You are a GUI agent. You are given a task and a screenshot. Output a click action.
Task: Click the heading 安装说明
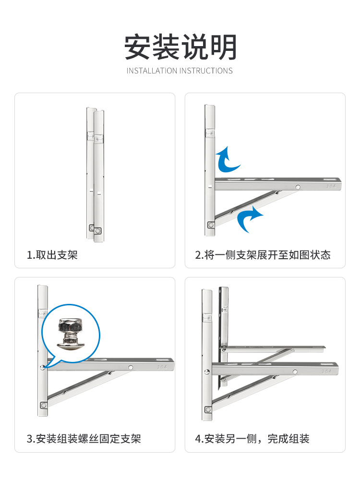click(x=180, y=47)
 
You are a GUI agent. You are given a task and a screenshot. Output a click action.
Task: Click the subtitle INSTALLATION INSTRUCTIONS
click(x=180, y=71)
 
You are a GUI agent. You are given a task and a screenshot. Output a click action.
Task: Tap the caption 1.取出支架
click(x=52, y=255)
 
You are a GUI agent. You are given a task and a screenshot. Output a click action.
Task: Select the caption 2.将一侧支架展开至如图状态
click(x=263, y=255)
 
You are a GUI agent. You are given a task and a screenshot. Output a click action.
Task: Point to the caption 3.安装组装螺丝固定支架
click(x=84, y=439)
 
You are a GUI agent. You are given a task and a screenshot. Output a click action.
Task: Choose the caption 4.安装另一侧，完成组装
click(x=252, y=439)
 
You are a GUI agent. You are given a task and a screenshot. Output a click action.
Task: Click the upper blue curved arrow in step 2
click(x=227, y=159)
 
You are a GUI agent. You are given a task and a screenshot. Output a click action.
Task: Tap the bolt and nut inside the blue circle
click(x=71, y=334)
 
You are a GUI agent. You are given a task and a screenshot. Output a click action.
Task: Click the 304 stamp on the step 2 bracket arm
click(x=331, y=186)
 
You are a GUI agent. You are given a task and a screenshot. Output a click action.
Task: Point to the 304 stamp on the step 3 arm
click(x=162, y=367)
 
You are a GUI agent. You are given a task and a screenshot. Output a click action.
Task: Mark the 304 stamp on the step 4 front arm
click(x=326, y=372)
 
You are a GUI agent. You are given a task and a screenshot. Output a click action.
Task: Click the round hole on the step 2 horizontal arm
click(x=298, y=187)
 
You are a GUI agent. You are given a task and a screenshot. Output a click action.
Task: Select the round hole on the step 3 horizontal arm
click(x=131, y=367)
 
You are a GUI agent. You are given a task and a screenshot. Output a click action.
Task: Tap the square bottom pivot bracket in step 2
click(x=211, y=225)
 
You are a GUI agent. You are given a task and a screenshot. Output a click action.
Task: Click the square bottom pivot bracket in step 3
click(x=44, y=405)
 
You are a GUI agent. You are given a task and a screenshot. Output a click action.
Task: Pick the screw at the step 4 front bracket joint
click(x=207, y=372)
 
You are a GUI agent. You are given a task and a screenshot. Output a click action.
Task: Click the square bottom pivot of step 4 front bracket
click(x=208, y=409)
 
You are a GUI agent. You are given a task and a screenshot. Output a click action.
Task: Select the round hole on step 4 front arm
click(x=295, y=372)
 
